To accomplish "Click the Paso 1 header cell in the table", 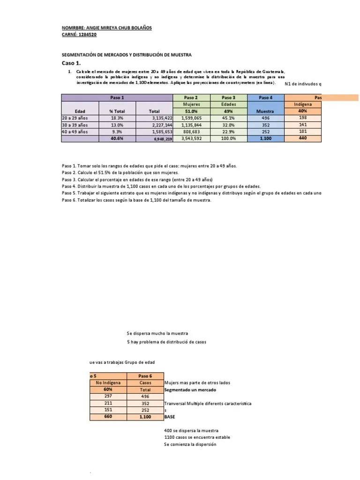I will tap(117, 97).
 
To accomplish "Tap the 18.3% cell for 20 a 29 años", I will tap(117, 118).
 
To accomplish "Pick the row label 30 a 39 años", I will tap(75, 125).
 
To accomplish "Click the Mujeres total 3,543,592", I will tap(191, 139).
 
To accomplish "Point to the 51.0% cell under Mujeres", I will tap(191, 111).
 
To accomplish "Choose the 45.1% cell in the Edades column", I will tap(228, 118).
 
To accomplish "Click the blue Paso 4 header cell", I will tap(265, 97).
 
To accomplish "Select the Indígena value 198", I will tap(302, 118).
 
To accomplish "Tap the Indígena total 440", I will tap(302, 139).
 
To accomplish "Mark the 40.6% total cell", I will tap(117, 139).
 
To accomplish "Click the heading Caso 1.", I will tap(71, 63).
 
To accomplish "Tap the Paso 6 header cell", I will tap(145, 376).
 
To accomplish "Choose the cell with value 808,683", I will tap(191, 132).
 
